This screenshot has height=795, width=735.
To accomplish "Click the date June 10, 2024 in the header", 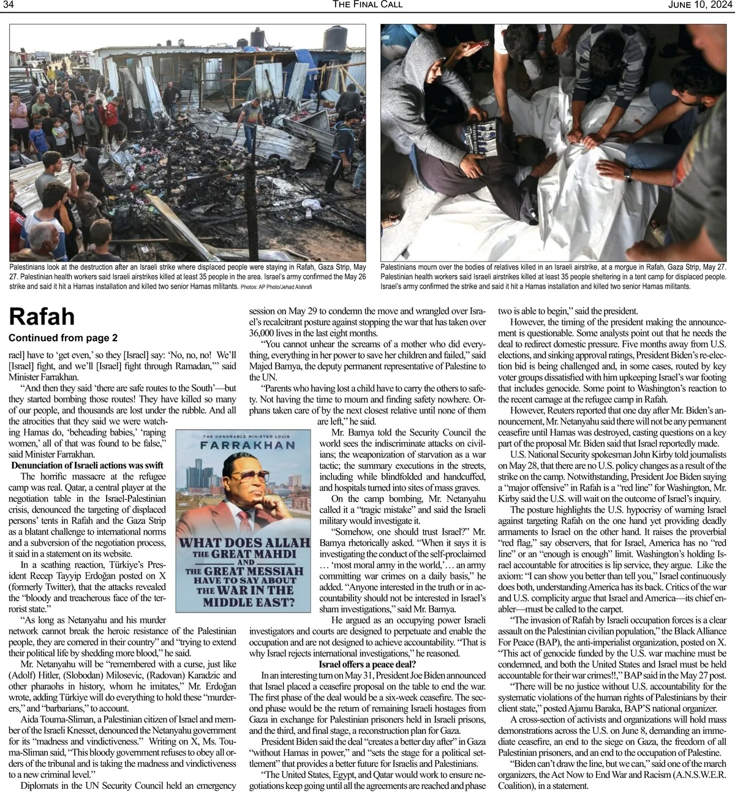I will click(x=701, y=5).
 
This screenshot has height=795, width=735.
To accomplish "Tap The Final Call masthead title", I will click(x=367, y=5).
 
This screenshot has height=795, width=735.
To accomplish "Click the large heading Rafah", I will click(x=42, y=316).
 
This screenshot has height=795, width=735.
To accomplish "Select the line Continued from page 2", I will click(x=63, y=337).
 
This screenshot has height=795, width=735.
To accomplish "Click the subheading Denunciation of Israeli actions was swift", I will click(x=88, y=465).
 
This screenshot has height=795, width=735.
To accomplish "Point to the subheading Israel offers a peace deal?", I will click(x=367, y=665).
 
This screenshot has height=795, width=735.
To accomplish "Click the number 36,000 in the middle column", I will click(x=264, y=333).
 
